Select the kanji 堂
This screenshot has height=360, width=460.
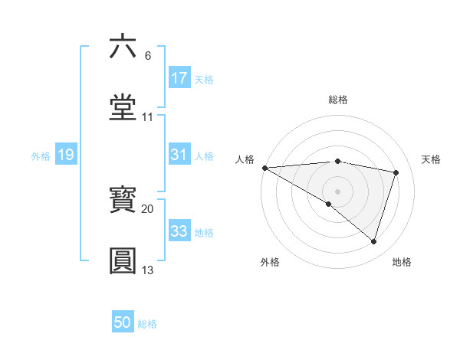(x=123, y=106)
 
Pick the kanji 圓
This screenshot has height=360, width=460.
(x=123, y=260)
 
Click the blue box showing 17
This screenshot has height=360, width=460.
(x=179, y=77)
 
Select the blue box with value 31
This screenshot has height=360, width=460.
(x=179, y=154)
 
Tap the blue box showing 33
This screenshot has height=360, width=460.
(x=179, y=231)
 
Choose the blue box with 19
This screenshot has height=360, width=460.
(x=65, y=155)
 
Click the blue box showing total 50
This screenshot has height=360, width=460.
(x=123, y=322)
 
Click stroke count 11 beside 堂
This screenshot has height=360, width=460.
(x=148, y=117)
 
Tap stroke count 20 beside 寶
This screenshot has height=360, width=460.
(x=148, y=208)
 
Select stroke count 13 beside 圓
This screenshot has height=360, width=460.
(x=148, y=270)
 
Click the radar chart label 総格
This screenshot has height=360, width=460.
(x=338, y=100)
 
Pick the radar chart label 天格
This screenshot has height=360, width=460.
(x=431, y=159)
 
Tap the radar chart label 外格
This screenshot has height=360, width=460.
(x=270, y=262)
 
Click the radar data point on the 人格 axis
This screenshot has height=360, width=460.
(x=264, y=167)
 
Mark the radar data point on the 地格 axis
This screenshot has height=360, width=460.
(x=374, y=241)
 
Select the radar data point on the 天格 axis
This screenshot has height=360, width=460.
(x=396, y=172)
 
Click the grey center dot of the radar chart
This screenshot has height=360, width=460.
(x=338, y=191)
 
